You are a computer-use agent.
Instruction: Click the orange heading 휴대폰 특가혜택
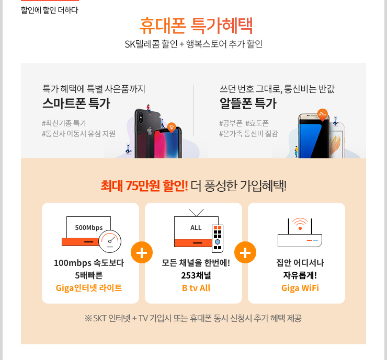point(196,26)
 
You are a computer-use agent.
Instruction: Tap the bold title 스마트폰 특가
point(76,103)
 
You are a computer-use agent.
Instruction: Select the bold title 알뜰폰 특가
point(248,103)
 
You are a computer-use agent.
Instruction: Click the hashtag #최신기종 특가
point(64,123)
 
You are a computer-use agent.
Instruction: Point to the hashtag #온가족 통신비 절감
point(248,134)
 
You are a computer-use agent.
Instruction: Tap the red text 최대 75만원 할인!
point(144,185)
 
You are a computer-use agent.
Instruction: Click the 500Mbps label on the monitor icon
point(89,228)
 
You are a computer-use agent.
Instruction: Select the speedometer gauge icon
point(110,241)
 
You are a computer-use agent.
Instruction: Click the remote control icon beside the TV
point(218,238)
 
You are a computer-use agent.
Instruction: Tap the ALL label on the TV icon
point(196,228)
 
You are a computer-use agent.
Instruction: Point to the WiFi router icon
point(300,233)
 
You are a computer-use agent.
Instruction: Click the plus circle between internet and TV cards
point(142,252)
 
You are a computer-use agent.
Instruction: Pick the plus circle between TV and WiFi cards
point(245,252)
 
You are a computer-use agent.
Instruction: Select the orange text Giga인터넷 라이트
point(89,288)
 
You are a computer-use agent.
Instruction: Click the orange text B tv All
point(196,288)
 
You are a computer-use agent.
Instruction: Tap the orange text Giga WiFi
point(300,288)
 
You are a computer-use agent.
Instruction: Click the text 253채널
point(196,275)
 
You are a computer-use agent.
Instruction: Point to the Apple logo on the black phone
point(150,131)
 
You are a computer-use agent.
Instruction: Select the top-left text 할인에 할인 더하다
point(49,10)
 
